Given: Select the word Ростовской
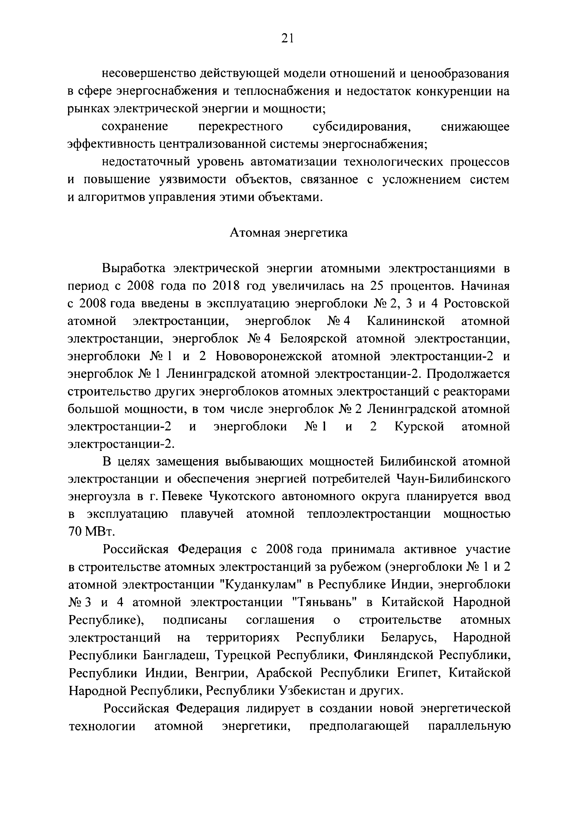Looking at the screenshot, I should [x=477, y=304].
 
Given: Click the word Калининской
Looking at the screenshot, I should [x=406, y=321].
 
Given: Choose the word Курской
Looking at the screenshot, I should [x=420, y=427].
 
